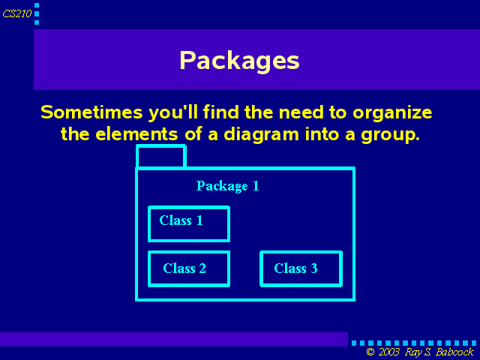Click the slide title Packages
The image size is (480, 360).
coord(239,61)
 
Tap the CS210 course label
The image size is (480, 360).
coord(17,13)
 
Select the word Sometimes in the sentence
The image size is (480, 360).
coord(91,112)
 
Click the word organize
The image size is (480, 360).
coord(392,113)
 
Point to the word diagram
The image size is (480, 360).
coord(261,135)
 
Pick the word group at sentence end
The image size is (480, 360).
coord(390,135)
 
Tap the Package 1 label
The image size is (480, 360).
coord(227,186)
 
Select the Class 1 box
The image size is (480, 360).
coord(189,207)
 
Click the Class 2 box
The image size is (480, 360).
coord(189,252)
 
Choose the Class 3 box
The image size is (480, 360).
coord(301,252)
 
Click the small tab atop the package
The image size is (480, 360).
coord(161,146)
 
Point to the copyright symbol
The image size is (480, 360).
coord(370,352)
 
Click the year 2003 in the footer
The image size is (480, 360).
coord(388,352)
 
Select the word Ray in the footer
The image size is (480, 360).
coord(413,352)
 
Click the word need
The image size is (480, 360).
coord(301,112)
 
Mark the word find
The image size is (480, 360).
coord(220,112)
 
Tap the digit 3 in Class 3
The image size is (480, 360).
coord(314,268)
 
